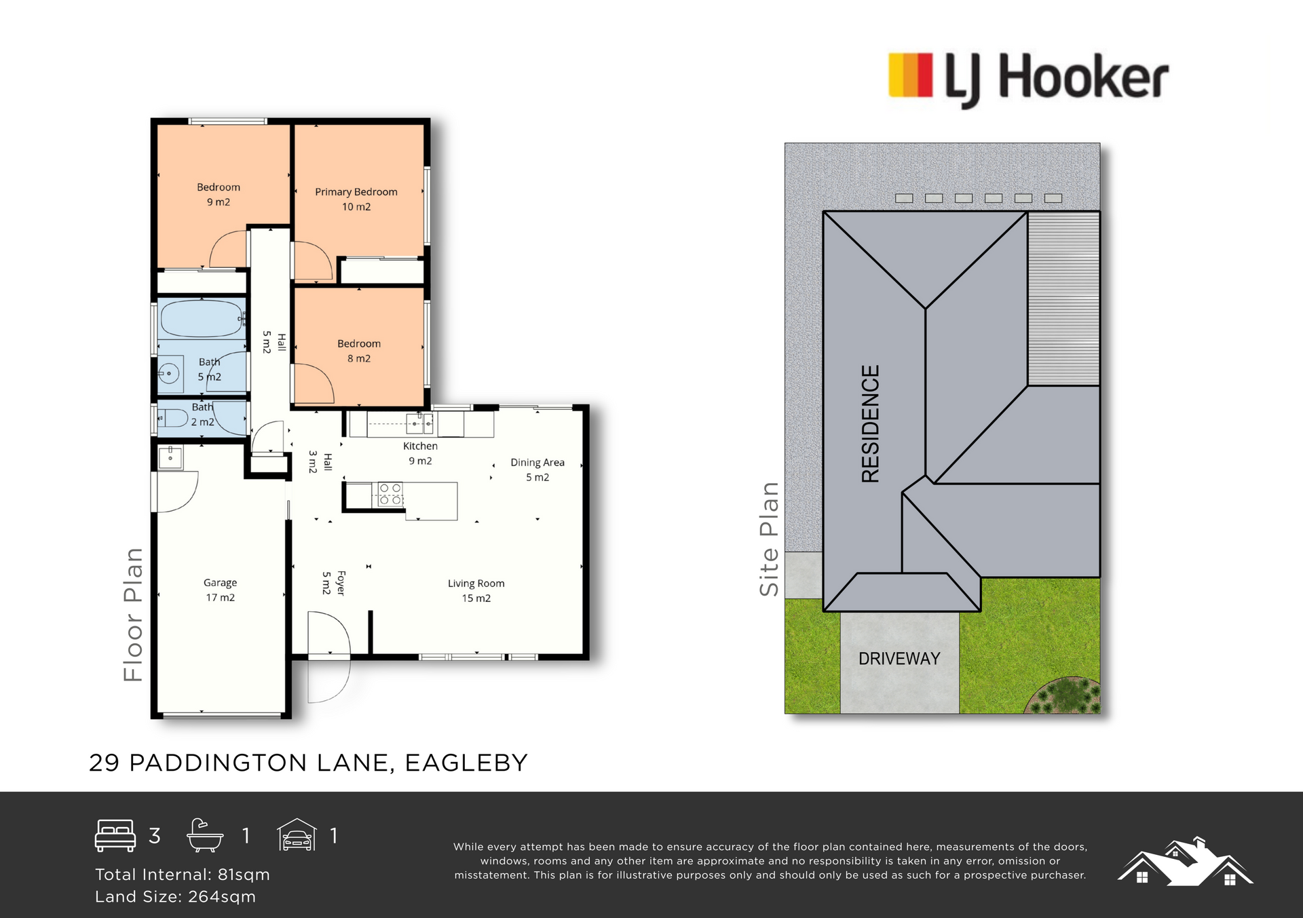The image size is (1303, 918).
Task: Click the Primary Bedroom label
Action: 356,192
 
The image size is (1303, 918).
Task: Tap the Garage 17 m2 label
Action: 221,590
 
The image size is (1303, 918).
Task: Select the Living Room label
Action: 476,584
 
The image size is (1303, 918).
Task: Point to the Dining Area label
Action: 537,463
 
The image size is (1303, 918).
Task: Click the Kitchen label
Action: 420,446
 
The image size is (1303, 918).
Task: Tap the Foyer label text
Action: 341,584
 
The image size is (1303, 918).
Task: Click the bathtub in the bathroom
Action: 202,319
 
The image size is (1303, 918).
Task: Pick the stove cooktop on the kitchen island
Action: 390,494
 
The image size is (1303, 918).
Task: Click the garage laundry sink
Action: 170,457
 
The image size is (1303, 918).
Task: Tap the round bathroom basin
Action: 169,373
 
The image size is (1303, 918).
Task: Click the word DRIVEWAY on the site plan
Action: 899,659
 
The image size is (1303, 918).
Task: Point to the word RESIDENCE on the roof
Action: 870,424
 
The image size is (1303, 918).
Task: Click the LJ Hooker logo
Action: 1029,79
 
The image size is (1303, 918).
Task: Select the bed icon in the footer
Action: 115,835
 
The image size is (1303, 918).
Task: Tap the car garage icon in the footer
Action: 297,835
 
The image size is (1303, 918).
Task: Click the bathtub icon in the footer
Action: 205,835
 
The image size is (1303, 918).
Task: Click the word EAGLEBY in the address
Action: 466,763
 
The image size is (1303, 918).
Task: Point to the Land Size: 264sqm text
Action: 176,896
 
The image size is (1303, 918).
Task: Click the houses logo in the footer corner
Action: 1186,862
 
